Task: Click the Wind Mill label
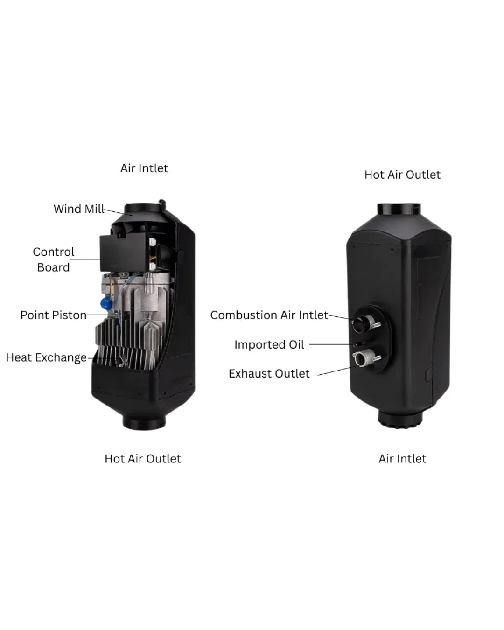click(79, 209)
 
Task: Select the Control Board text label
click(54, 259)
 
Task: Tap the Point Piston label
click(54, 315)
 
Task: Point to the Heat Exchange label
click(46, 358)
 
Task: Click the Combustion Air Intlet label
click(269, 315)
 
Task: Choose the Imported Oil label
click(269, 344)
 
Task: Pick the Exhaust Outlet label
click(269, 373)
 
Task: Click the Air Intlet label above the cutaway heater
click(144, 168)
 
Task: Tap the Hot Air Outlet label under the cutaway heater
click(143, 459)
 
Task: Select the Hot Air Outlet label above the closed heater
click(402, 175)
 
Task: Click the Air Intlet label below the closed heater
click(402, 459)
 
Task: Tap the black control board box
click(123, 252)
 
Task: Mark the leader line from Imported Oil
click(331, 344)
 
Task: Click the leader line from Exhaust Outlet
click(338, 371)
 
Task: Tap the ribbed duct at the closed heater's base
click(400, 419)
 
